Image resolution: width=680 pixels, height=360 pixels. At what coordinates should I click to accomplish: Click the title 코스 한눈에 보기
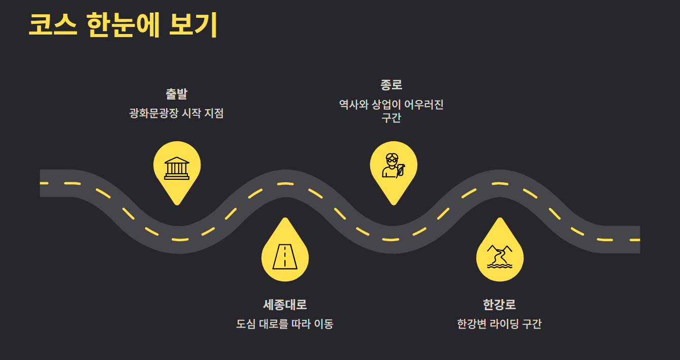(x=122, y=25)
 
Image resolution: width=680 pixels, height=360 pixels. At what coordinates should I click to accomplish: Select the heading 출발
(x=176, y=94)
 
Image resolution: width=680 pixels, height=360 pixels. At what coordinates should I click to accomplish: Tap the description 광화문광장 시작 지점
(x=176, y=113)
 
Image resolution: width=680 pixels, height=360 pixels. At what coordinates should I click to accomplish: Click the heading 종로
(x=391, y=85)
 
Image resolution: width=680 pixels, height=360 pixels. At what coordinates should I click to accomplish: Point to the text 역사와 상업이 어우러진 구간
(x=391, y=111)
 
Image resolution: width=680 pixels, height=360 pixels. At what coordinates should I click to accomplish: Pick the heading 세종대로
(x=285, y=305)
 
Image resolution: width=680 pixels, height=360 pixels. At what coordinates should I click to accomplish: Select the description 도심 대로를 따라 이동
(x=285, y=324)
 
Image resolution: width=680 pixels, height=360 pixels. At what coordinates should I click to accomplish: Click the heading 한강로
(x=499, y=305)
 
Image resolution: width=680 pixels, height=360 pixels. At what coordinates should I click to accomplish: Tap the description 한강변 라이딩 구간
(x=499, y=324)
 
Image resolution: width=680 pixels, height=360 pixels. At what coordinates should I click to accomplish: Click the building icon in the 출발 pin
(x=177, y=168)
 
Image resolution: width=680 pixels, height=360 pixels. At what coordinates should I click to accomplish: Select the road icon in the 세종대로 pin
(x=285, y=256)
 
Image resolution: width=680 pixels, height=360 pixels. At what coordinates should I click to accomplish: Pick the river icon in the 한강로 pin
(x=500, y=256)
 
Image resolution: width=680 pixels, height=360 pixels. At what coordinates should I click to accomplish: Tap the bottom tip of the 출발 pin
(x=177, y=204)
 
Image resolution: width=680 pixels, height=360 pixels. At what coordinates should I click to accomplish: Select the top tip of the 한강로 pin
(x=500, y=219)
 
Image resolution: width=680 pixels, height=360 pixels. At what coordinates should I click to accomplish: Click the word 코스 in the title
(x=52, y=25)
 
